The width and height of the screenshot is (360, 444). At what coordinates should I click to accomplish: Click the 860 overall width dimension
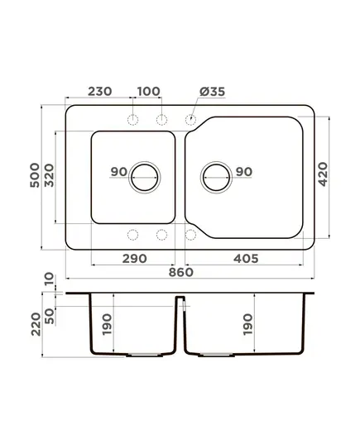coord(181,272)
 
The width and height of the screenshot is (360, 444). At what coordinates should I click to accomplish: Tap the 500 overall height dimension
coord(35,175)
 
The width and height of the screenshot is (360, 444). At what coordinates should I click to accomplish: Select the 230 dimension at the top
coord(100,92)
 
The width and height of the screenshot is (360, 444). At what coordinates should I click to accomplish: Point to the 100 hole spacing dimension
coord(149,92)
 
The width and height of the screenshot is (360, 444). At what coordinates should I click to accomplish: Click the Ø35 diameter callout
coord(213,92)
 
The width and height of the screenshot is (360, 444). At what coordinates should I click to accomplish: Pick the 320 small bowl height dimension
coord(49,175)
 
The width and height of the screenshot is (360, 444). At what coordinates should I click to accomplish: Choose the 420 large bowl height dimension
coord(323,174)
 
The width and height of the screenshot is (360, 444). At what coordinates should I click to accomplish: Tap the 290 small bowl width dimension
coord(135,259)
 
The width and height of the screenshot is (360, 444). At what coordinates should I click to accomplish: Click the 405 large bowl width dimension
coord(246,259)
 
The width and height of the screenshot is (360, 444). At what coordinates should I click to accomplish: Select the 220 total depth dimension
coord(36,324)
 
